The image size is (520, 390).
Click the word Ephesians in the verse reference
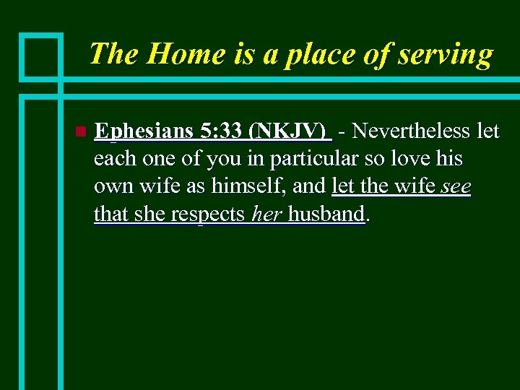click(144, 131)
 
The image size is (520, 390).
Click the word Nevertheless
click(412, 131)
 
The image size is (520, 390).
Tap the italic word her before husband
click(266, 214)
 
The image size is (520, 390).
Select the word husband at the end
click(326, 214)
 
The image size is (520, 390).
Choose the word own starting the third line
click(111, 187)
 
